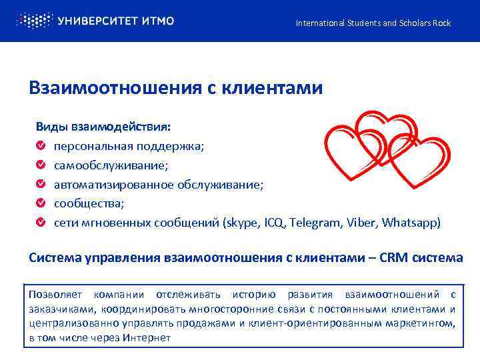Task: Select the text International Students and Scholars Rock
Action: [x=373, y=23]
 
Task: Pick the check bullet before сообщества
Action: [x=41, y=203]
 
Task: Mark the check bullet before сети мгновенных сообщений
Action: [x=41, y=222]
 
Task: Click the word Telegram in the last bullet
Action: [x=317, y=222]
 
